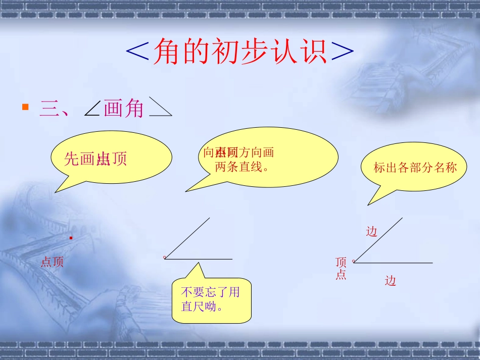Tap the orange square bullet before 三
click(25, 107)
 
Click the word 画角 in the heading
click(124, 108)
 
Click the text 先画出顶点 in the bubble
click(95, 159)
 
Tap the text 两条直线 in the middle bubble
click(241, 167)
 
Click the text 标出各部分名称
click(415, 168)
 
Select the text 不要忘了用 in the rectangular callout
click(211, 292)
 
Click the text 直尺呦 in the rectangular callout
click(202, 306)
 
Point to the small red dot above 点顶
click(71, 237)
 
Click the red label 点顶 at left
click(52, 262)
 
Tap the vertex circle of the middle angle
click(165, 258)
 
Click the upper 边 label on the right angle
click(371, 231)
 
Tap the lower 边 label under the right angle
click(390, 281)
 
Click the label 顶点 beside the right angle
click(341, 268)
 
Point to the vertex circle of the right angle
click(354, 261)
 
